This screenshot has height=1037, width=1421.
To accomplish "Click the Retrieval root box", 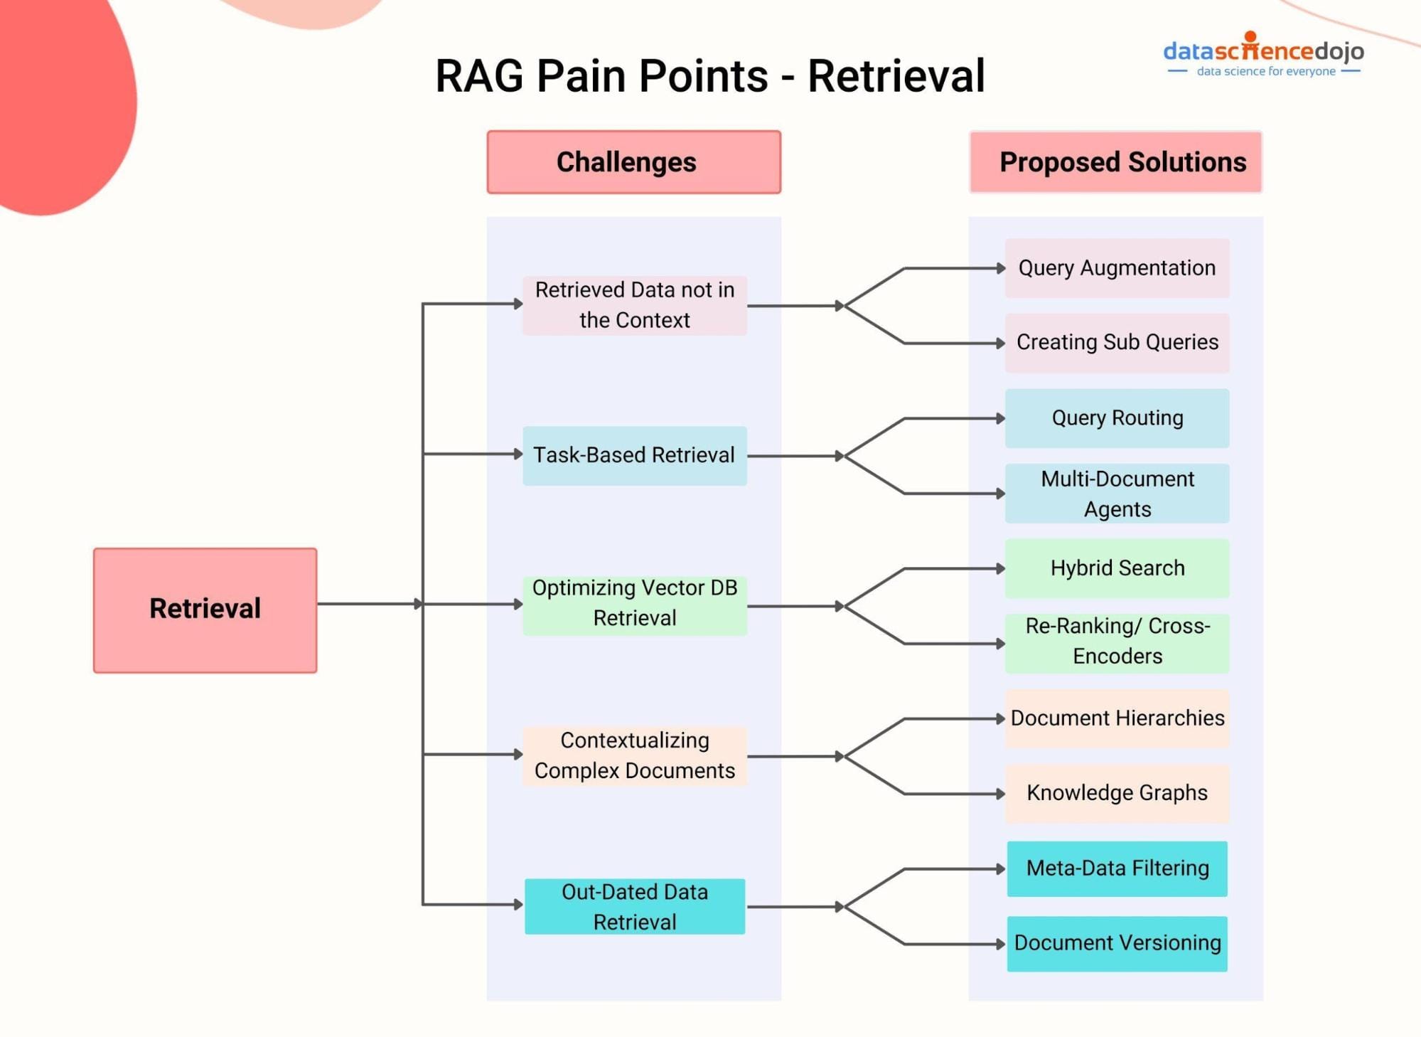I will point(205,610).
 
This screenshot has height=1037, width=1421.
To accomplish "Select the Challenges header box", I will point(633,162).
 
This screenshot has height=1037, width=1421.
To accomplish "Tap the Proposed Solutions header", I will point(1115,162).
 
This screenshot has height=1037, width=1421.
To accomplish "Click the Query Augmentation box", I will point(1117,268).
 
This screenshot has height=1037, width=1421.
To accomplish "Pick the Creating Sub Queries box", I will point(1117,343).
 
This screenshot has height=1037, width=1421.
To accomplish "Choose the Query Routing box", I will point(1117,418).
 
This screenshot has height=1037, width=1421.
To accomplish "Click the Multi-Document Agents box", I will point(1117,494).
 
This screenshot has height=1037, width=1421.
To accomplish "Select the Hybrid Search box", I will point(1117,568).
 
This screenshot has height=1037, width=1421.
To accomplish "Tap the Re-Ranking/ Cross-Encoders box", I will point(1117,642).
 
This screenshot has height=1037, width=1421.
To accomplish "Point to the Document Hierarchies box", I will point(1117,718).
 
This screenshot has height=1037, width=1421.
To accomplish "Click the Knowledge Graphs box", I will point(1117,793).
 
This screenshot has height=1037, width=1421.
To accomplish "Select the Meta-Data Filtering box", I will point(1117,868).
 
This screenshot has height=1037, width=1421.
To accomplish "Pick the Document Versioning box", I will point(1117,943).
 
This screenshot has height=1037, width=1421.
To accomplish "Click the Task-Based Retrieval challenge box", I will point(634,455).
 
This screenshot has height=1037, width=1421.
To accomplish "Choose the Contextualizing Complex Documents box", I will point(634,756).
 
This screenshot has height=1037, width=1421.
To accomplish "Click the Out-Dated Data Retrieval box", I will point(634,907).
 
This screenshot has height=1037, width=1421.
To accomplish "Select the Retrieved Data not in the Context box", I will point(634,305).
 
